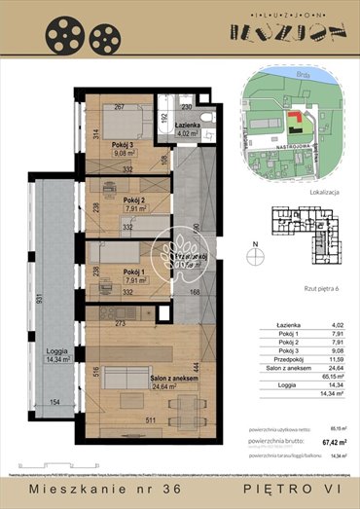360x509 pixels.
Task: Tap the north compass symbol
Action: click(255, 255)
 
